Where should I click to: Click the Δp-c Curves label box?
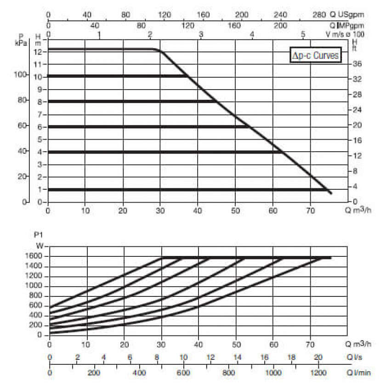316,56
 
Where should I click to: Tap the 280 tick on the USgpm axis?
318,15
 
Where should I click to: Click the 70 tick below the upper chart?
310,211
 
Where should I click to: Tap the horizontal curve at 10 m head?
115,76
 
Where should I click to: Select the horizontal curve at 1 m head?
184,189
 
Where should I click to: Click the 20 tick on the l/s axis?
318,358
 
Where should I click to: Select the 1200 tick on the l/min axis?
317,373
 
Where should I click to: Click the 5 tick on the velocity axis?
303,34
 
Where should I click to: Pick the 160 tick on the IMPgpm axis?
234,25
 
